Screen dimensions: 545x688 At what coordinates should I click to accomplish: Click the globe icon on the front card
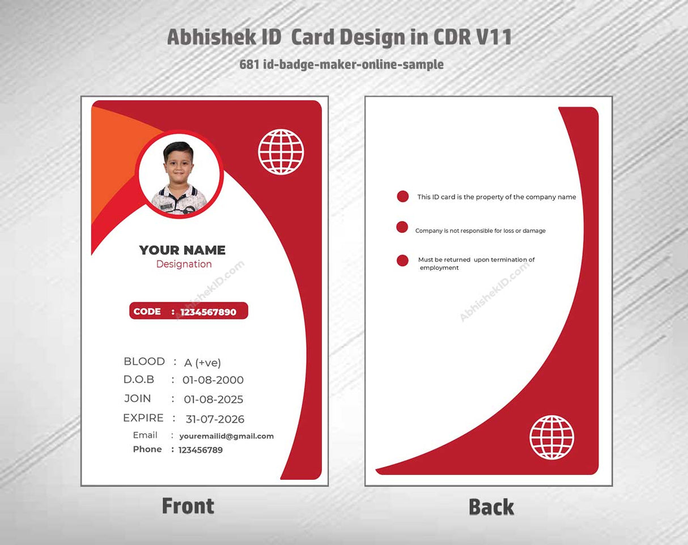point(281,152)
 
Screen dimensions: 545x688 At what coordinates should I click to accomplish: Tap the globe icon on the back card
point(551,437)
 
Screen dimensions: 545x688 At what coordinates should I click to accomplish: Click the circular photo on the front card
point(179,175)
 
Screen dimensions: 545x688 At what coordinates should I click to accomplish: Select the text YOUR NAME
point(182,250)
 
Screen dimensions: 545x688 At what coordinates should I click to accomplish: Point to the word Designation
point(184,264)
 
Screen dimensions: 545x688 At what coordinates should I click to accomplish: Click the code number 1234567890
point(208,312)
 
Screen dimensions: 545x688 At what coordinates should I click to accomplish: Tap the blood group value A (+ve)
point(202,363)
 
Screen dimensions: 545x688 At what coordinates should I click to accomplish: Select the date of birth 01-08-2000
point(213,380)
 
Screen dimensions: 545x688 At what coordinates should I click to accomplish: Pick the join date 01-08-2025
point(213,399)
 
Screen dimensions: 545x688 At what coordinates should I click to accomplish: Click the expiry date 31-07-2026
point(215,419)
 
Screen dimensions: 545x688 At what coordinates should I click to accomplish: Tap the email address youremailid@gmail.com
point(226,436)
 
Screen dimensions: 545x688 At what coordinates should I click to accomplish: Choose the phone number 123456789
point(200,450)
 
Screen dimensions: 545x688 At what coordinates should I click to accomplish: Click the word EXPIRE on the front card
point(143,418)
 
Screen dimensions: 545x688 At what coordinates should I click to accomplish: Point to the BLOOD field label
point(144,361)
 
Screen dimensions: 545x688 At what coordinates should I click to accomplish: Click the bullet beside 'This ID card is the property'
point(402,197)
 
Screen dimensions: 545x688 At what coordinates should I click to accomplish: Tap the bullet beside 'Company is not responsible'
point(402,227)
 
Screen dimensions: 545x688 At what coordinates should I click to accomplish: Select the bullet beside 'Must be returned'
point(402,261)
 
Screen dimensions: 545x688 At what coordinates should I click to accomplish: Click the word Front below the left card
point(188,506)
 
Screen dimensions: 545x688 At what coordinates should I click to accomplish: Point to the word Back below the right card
point(491,507)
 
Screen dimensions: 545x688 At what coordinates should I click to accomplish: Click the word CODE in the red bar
point(147,312)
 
